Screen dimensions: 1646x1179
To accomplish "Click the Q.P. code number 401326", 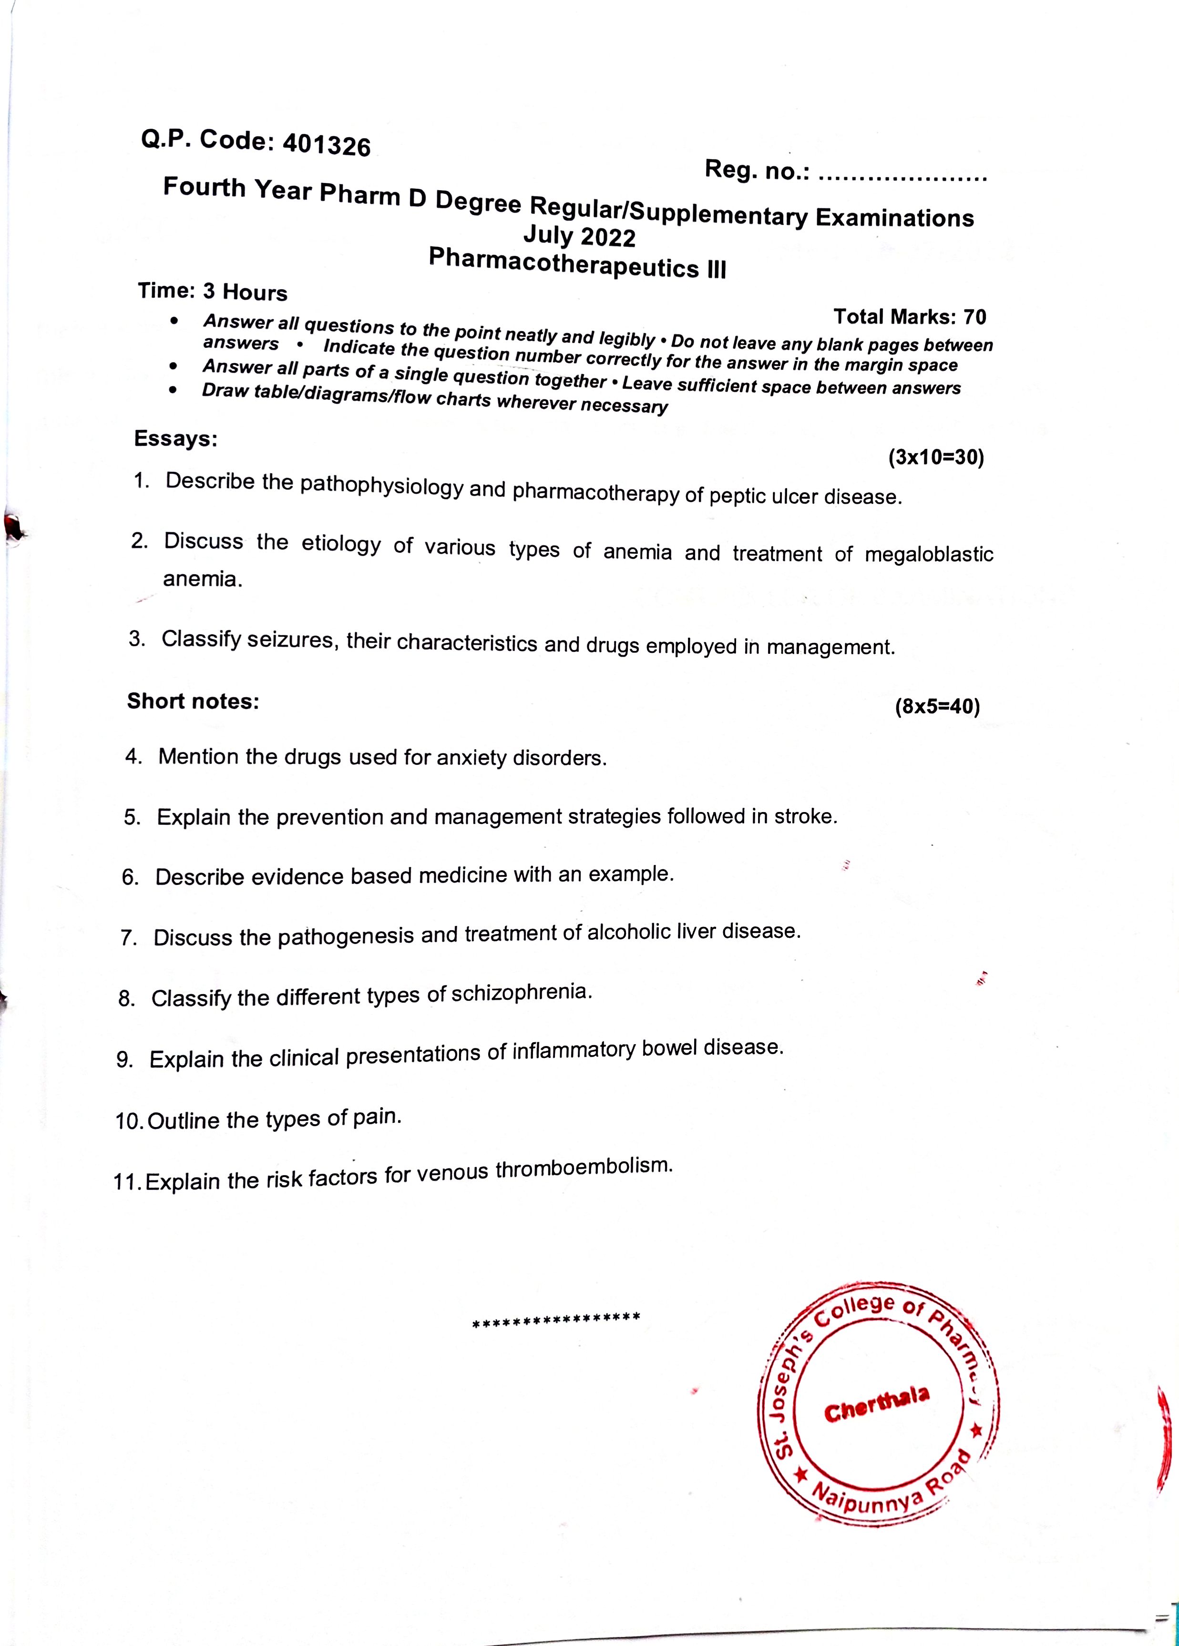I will click(x=326, y=145).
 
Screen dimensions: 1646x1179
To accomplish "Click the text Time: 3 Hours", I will click(x=213, y=292).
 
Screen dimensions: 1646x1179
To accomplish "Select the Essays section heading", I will click(x=176, y=439).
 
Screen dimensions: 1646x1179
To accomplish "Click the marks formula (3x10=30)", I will click(x=936, y=457).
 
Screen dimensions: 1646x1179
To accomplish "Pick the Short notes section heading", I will click(x=193, y=701).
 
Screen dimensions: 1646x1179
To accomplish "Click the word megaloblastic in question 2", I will click(x=929, y=555).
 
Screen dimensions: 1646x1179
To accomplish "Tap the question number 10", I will click(x=129, y=1121).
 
